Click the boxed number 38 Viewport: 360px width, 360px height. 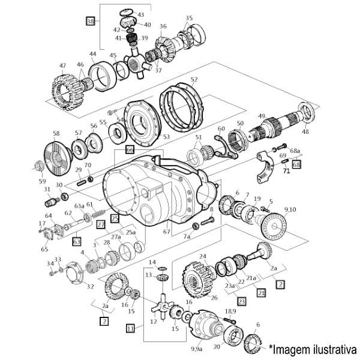[91, 21]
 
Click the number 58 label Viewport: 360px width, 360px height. [56, 134]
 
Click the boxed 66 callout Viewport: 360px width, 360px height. [130, 149]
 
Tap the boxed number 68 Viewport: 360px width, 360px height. [296, 164]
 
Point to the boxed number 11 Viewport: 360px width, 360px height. [130, 328]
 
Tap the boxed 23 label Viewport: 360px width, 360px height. [241, 301]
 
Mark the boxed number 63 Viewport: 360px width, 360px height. [76, 242]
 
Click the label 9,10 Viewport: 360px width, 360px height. [290, 209]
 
